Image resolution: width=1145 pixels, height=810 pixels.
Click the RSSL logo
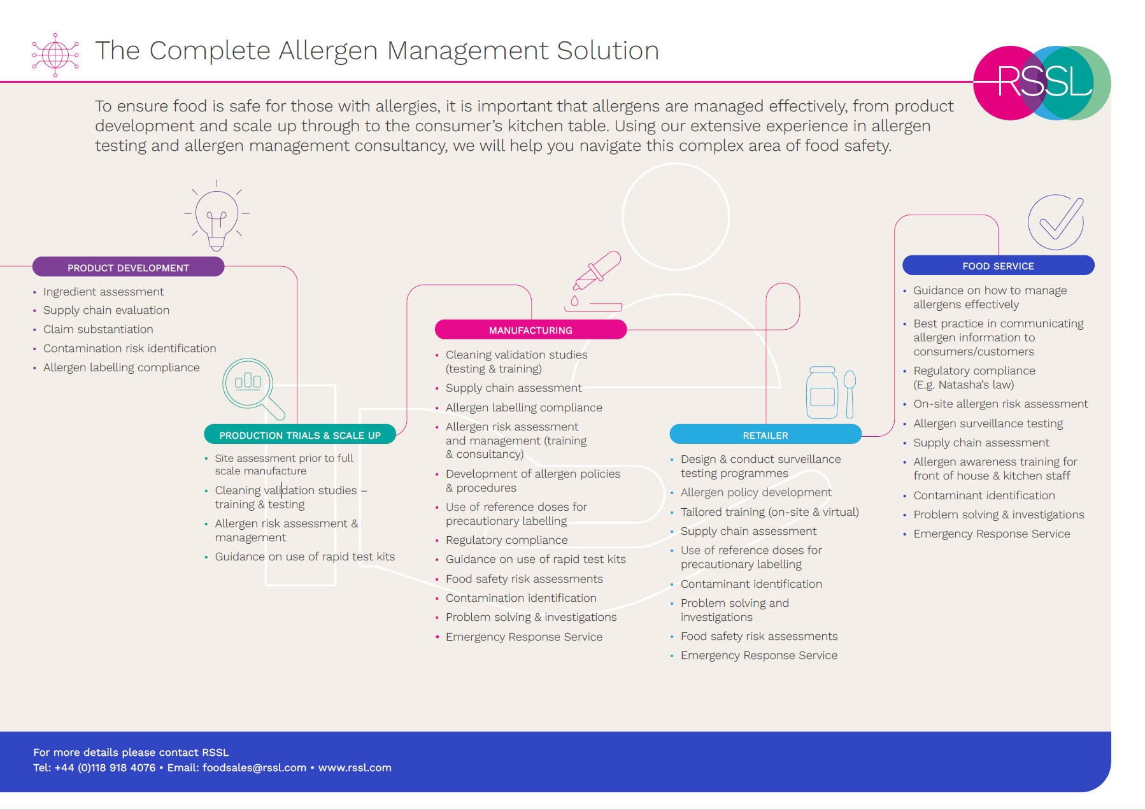1042,83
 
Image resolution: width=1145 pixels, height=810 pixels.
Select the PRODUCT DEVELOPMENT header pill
128,267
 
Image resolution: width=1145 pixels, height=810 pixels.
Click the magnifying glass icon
251,386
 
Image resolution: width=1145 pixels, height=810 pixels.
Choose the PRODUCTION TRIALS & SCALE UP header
299,435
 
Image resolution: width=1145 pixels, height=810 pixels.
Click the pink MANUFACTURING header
530,330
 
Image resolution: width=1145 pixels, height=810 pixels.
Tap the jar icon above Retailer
822,392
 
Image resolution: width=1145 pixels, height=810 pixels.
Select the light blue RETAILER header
765,435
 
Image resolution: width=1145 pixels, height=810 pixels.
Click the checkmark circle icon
1056,222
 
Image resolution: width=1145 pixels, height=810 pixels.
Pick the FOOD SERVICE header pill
998,266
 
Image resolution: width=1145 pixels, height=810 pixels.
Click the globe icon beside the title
55,55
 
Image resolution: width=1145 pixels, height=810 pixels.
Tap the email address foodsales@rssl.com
254,767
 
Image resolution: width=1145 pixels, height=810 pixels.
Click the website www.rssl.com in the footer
355,767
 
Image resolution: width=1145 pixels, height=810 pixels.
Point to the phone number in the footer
105,767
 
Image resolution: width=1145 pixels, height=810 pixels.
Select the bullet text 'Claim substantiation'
98,329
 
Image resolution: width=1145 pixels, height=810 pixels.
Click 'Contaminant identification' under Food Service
984,495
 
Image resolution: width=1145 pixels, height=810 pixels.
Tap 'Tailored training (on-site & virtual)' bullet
769,512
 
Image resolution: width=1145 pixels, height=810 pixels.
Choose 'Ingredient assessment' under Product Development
103,292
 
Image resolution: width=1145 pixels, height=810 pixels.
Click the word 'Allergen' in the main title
328,51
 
